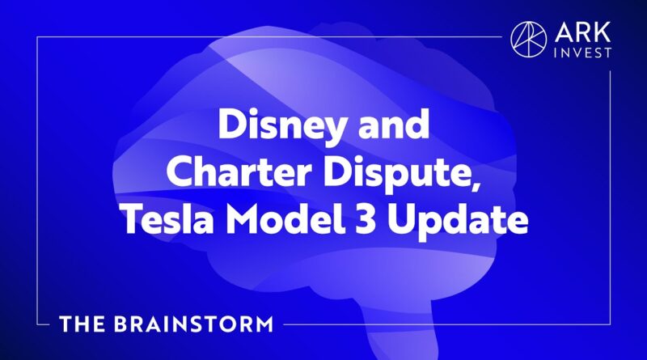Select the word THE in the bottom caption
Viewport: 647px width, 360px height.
(82, 324)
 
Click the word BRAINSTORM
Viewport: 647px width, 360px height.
(193, 324)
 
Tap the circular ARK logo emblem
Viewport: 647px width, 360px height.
(529, 40)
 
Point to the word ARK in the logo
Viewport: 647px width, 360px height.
(582, 32)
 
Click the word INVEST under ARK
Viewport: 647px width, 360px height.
(582, 53)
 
